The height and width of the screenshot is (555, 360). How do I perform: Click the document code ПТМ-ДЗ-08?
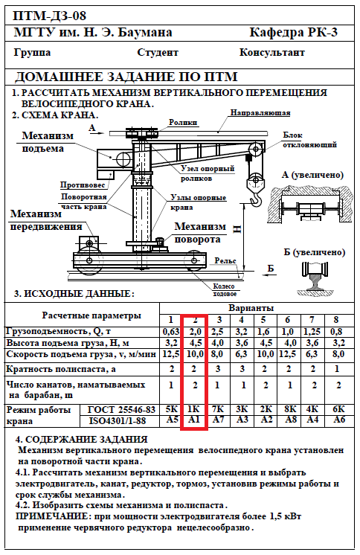tap(49, 16)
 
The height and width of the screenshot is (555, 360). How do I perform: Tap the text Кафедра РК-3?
tap(294, 32)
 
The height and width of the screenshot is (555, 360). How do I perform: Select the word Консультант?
tap(271, 52)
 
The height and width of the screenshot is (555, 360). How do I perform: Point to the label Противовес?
tap(83, 185)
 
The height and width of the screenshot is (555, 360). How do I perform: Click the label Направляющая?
tap(260, 113)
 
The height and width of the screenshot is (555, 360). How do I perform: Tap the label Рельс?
tap(225, 261)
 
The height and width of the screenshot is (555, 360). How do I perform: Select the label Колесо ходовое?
tap(224, 290)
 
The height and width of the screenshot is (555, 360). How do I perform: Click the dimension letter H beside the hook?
tap(237, 229)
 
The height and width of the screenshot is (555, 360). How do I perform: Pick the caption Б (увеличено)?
tap(314, 252)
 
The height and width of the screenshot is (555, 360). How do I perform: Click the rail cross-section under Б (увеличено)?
tap(315, 277)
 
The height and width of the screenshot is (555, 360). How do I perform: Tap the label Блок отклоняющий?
tap(309, 140)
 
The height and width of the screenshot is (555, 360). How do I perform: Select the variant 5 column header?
tap(263, 320)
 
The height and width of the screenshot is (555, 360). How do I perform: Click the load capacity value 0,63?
tap(170, 332)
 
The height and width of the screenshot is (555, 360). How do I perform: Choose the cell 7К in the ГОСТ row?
tap(218, 409)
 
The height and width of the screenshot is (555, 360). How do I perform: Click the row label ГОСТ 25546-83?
tap(121, 409)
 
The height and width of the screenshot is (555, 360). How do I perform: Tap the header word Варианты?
tap(251, 308)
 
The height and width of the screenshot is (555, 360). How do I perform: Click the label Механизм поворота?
tap(200, 233)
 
